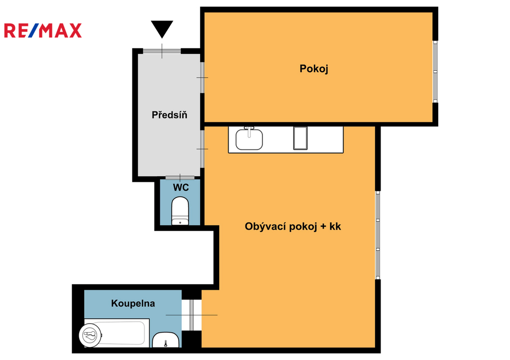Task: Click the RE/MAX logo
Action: [x=43, y=30]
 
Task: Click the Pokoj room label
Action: [x=314, y=69]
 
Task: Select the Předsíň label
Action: [x=169, y=115]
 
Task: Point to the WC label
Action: [x=181, y=187]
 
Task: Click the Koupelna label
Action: [x=133, y=303]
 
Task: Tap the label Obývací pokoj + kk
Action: [x=293, y=227]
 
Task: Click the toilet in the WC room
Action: [x=180, y=211]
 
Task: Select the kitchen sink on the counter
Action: [x=249, y=139]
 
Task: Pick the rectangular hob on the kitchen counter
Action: [x=300, y=138]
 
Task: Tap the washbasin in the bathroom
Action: [x=166, y=340]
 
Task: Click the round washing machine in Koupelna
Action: [x=90, y=335]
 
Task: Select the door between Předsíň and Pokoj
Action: [x=202, y=77]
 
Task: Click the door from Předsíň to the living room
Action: [x=202, y=149]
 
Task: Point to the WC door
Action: [x=180, y=178]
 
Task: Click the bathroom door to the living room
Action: [x=192, y=315]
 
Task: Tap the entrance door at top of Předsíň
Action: [x=162, y=51]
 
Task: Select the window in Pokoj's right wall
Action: [x=435, y=72]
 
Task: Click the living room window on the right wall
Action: [x=378, y=235]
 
